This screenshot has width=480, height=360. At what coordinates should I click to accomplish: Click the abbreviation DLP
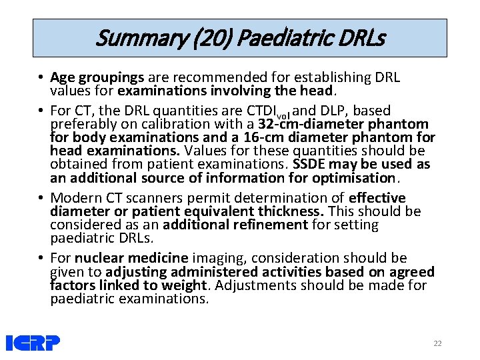pyautogui.click(x=331, y=111)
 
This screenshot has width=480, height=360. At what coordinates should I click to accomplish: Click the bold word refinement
pyautogui.click(x=273, y=225)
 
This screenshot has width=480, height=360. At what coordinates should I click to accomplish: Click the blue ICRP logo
pyautogui.click(x=33, y=343)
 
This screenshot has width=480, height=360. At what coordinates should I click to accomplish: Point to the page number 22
pyautogui.click(x=437, y=343)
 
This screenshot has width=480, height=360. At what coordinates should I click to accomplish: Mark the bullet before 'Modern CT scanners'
pyautogui.click(x=41, y=198)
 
